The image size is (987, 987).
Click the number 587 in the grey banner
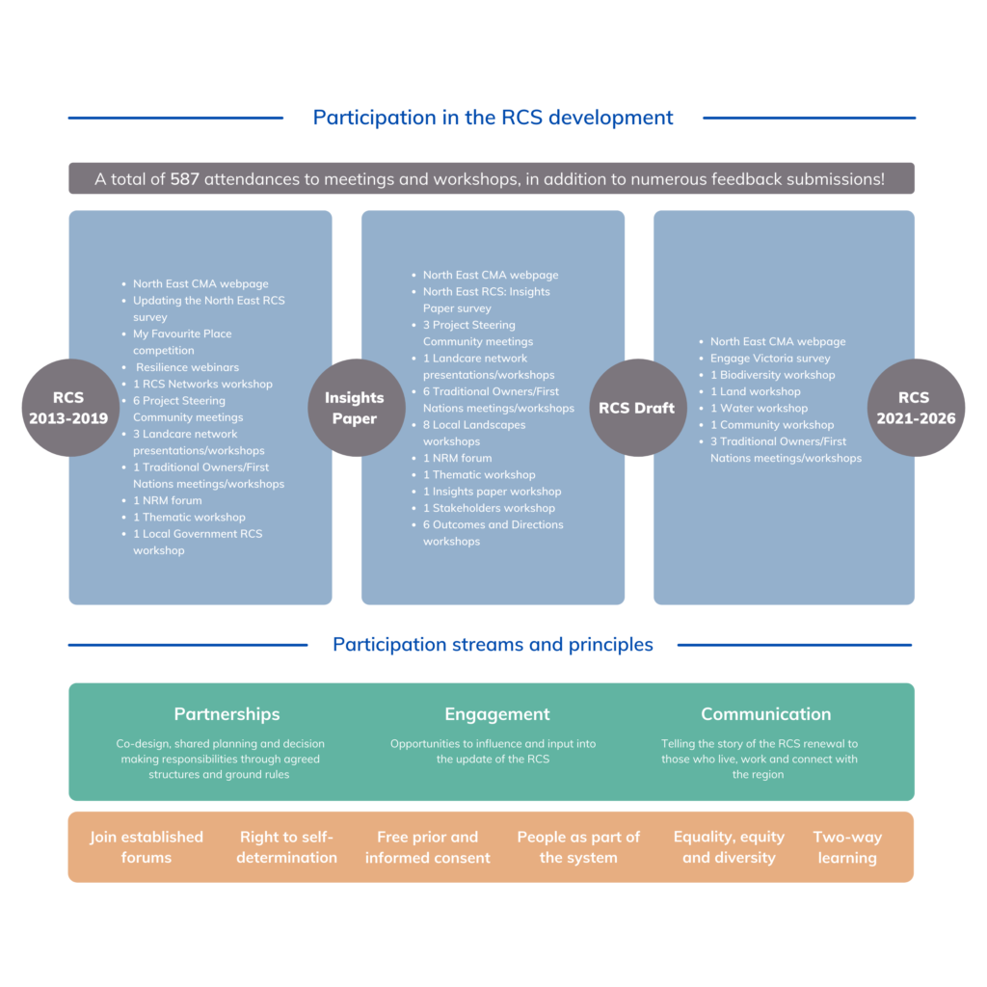(185, 179)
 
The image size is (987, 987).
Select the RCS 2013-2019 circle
(68, 408)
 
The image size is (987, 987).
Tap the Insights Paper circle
(354, 408)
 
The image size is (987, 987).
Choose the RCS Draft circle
(636, 408)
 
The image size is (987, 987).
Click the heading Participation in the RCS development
(493, 118)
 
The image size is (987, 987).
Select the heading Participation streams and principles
(493, 645)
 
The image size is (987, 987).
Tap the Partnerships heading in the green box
(227, 714)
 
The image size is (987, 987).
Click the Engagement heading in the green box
(496, 714)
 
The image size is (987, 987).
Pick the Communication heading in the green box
(765, 714)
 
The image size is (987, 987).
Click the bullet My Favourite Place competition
(182, 342)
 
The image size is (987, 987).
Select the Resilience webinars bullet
(187, 367)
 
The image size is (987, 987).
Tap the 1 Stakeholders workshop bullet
(489, 508)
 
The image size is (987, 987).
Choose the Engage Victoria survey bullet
(770, 359)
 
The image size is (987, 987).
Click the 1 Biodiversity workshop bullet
(772, 375)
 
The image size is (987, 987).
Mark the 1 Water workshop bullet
(759, 408)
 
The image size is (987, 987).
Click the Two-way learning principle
(847, 847)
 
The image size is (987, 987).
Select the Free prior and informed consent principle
(427, 847)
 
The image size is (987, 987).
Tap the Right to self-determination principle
(286, 847)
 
